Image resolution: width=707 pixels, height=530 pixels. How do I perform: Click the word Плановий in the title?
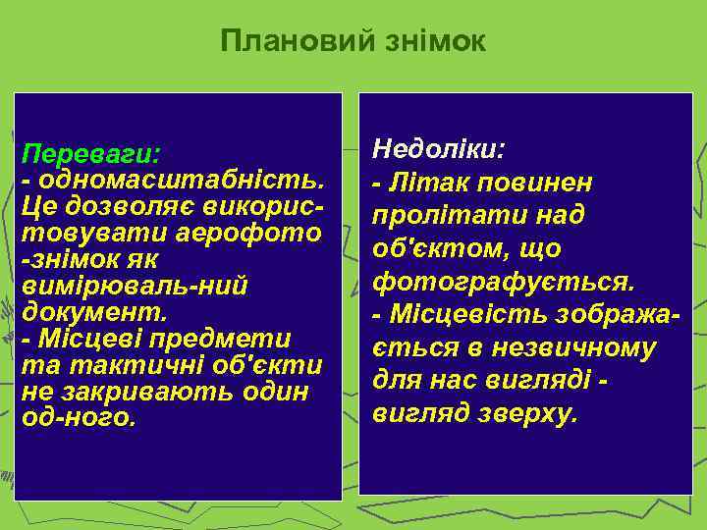(x=285, y=41)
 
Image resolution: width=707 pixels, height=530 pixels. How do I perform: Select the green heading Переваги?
(x=91, y=157)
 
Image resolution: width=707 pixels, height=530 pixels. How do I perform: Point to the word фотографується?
(x=503, y=283)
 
